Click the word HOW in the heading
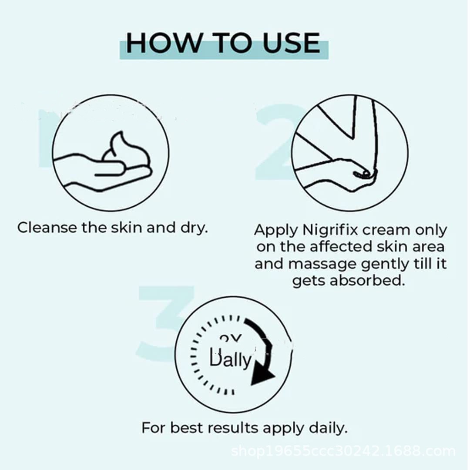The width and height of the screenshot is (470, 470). pyautogui.click(x=164, y=43)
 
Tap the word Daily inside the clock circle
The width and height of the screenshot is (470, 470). pyautogui.click(x=230, y=359)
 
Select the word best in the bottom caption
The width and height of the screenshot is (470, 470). pyautogui.click(x=187, y=428)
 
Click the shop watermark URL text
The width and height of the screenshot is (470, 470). pyautogui.click(x=343, y=451)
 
